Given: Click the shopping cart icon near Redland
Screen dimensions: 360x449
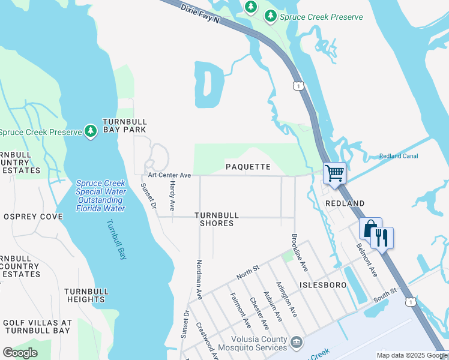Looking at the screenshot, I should (x=334, y=173).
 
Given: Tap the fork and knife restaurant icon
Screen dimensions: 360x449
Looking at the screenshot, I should (x=382, y=237).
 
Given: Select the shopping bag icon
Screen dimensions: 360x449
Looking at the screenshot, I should (x=370, y=228).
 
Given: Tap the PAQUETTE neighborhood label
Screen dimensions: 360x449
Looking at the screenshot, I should (x=248, y=166).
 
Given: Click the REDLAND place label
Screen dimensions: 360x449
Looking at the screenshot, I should (x=345, y=203).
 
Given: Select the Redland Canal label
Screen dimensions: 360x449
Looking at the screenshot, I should (x=399, y=157).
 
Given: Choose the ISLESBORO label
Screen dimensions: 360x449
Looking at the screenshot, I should (x=321, y=285).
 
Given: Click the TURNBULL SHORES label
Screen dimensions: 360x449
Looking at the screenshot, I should (x=217, y=219).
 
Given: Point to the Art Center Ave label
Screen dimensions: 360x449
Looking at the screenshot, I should (x=169, y=175).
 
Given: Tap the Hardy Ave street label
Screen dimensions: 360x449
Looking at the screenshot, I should (x=172, y=196).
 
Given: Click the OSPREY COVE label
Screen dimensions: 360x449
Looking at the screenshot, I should (x=33, y=216).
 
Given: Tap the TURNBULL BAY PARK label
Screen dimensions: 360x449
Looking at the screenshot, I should (x=124, y=125).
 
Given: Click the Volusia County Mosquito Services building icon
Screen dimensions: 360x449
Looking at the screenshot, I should (x=295, y=342).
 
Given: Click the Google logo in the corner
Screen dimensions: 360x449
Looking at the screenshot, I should (x=20, y=353).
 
